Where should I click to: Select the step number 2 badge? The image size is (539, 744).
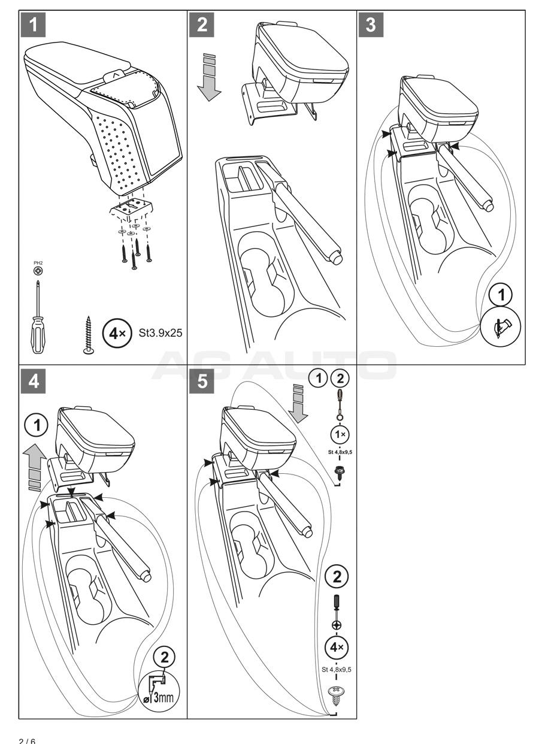click(202, 26)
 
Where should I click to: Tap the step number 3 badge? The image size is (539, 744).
click(371, 26)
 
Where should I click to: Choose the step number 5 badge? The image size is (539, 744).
click(202, 382)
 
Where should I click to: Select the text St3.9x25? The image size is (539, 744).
click(161, 332)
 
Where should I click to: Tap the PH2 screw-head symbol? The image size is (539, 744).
click(38, 271)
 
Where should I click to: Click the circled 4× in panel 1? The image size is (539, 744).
click(114, 332)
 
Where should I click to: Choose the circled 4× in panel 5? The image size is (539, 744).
click(337, 648)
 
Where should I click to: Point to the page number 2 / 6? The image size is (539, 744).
click(27, 740)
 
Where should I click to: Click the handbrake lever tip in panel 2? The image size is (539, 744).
click(335, 256)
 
